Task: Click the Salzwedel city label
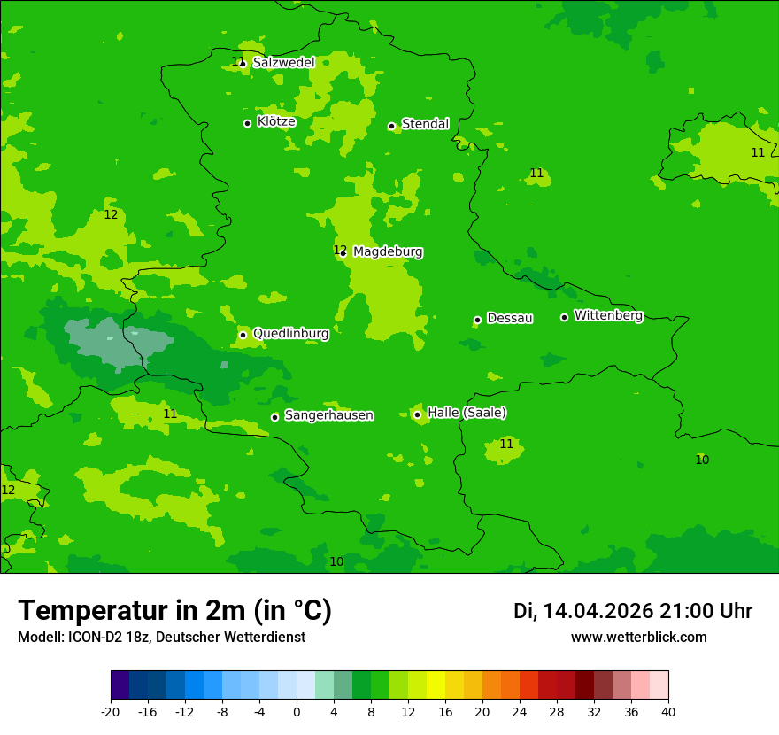pos(283,63)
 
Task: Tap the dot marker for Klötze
pos(247,123)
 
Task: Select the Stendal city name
pos(425,124)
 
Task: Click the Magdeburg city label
pos(388,252)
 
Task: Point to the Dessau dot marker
pos(477,320)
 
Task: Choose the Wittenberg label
pos(608,316)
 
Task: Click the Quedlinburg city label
pos(290,334)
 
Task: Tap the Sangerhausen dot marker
pos(274,417)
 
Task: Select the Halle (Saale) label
pos(467,413)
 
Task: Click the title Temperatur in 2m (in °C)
pos(174,610)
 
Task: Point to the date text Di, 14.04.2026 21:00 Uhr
pos(632,611)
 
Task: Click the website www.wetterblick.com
pos(638,637)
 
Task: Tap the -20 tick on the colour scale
pos(111,711)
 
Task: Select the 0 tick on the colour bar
pos(297,711)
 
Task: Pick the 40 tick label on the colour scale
pos(668,711)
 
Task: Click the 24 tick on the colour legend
pos(520,711)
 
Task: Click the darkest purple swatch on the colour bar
pos(120,685)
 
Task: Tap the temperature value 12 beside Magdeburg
pos(339,250)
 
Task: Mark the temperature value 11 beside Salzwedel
pos(236,61)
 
